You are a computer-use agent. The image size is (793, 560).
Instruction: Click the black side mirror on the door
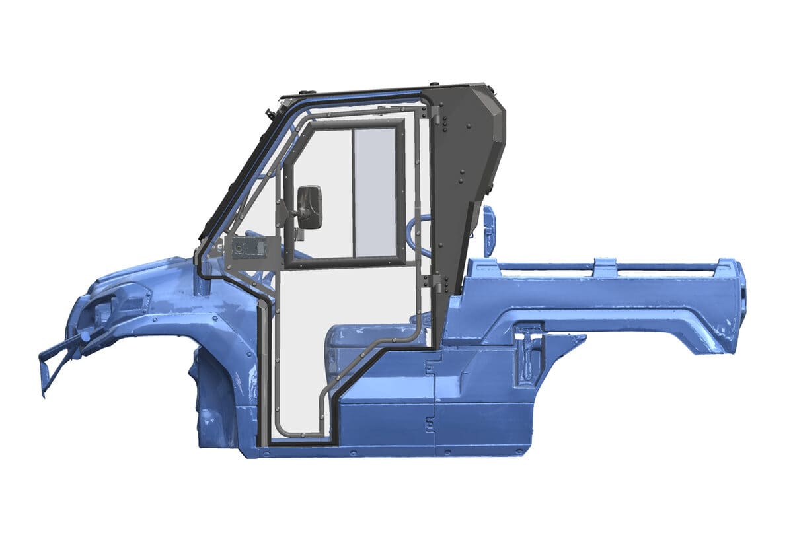(x=309, y=207)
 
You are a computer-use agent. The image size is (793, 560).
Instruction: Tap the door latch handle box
(x=247, y=248)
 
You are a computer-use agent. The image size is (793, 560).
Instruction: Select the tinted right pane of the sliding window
(x=375, y=192)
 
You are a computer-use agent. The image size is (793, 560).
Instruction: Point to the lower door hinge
(x=436, y=282)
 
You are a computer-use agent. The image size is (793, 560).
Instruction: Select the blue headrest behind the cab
(x=488, y=231)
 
